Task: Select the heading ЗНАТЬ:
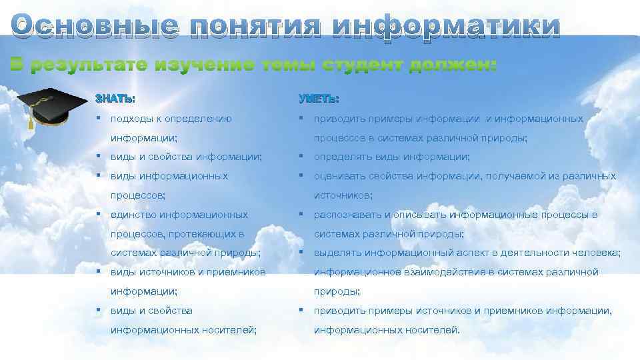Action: pyautogui.click(x=115, y=99)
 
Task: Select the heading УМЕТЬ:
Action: pyautogui.click(x=318, y=99)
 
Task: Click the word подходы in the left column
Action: pyautogui.click(x=130, y=119)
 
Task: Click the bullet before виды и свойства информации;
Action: pyautogui.click(x=98, y=157)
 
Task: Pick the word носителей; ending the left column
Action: pyautogui.click(x=233, y=329)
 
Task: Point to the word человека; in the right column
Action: pyautogui.click(x=599, y=253)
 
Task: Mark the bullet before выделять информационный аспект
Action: pyautogui.click(x=302, y=253)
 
